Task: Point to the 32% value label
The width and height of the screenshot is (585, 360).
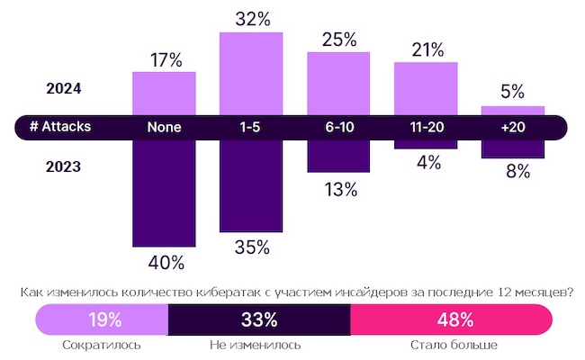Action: click(x=251, y=18)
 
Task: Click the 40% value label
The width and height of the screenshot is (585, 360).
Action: click(x=166, y=264)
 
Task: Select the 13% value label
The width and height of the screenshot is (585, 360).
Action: click(x=339, y=189)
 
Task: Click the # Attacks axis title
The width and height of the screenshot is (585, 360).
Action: click(x=59, y=127)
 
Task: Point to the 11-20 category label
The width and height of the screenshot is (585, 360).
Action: click(x=426, y=127)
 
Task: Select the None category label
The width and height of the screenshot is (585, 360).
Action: click(x=164, y=127)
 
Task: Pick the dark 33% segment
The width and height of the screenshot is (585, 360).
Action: click(x=259, y=319)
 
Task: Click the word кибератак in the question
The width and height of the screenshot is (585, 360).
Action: click(x=233, y=292)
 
